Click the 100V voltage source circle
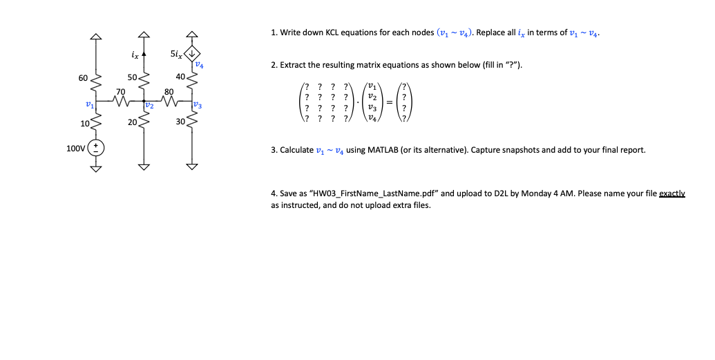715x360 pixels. pyautogui.click(x=97, y=148)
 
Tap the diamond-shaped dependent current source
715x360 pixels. pyautogui.click(x=191, y=52)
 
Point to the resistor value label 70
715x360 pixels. pyautogui.click(x=121, y=91)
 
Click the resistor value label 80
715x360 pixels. pyautogui.click(x=168, y=91)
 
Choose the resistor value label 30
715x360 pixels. pyautogui.click(x=180, y=122)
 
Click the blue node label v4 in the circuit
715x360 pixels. pyautogui.click(x=199, y=64)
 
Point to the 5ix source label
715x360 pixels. pyautogui.click(x=176, y=52)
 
